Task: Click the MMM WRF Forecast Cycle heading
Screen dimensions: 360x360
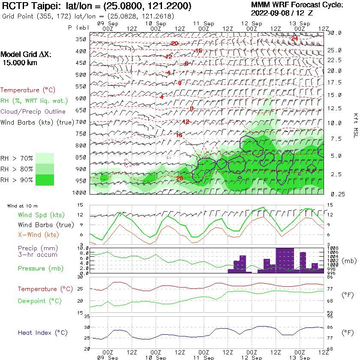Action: [x=297, y=5]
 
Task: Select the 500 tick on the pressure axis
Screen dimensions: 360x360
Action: [x=81, y=75]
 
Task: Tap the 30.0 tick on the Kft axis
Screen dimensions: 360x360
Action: [x=334, y=33]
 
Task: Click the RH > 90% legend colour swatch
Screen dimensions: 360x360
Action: [x=45, y=180]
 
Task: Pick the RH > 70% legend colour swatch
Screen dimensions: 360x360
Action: [x=45, y=158]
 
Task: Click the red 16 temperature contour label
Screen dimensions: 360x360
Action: [x=179, y=135]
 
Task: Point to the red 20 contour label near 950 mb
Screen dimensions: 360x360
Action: [x=180, y=178]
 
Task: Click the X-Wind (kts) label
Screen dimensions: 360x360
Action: [x=39, y=235]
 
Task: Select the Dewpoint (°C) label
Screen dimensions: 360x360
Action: [x=40, y=301]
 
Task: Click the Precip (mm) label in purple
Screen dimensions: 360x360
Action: [x=38, y=248]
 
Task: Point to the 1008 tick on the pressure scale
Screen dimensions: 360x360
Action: [x=333, y=248]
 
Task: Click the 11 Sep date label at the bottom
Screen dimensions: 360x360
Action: [x=203, y=357]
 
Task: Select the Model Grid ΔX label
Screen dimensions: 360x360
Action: [x=25, y=55]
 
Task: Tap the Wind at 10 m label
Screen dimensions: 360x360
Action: [x=22, y=206]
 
